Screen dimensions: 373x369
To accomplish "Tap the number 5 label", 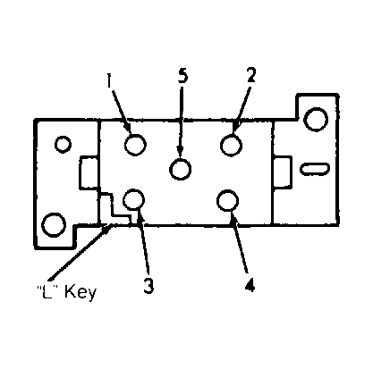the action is tap(182, 75).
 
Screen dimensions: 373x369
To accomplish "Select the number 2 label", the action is tap(251, 74).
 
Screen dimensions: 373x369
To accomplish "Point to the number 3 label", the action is tap(148, 286).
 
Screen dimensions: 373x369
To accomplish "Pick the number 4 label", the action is tap(250, 285).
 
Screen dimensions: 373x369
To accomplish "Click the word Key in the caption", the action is tap(81, 292).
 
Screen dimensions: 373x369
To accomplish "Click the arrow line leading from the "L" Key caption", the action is tap(80, 252).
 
